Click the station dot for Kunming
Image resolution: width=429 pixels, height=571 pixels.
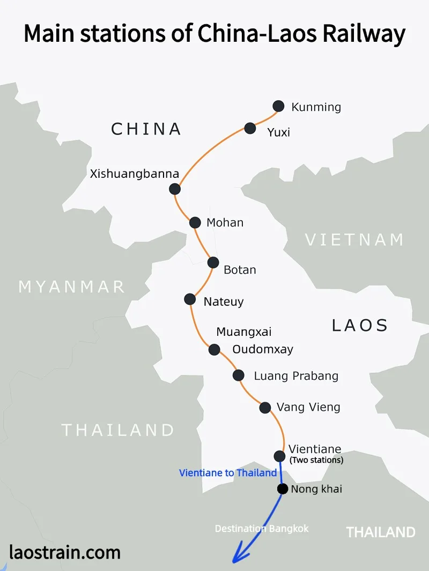(x=278, y=106)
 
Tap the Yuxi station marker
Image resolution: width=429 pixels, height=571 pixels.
(x=250, y=128)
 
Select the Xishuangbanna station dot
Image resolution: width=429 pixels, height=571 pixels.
(x=175, y=189)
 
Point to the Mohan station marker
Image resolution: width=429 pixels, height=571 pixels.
(x=196, y=222)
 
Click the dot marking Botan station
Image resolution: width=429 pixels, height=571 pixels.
(x=213, y=262)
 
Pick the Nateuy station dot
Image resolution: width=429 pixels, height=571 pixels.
(x=190, y=299)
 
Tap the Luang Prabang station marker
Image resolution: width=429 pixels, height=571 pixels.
(x=239, y=375)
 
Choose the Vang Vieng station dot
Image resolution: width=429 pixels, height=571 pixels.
(x=265, y=408)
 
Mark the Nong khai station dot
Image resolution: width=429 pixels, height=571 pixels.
(x=282, y=489)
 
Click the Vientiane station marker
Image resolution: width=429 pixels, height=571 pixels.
(x=279, y=456)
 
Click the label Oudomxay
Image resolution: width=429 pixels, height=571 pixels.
(x=263, y=349)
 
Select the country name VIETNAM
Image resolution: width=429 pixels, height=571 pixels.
(x=354, y=239)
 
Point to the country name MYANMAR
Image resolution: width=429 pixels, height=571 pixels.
(x=72, y=287)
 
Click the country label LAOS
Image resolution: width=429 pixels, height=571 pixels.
(x=360, y=325)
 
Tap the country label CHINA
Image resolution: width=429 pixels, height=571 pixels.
(x=146, y=129)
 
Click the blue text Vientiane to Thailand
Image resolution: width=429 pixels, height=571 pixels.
(x=228, y=472)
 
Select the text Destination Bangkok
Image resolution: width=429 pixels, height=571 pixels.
(x=262, y=528)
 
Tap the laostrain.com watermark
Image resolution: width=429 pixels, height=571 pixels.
(x=65, y=551)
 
